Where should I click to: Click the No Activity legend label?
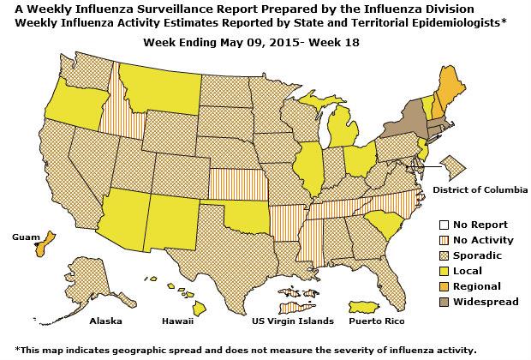tap(481, 240)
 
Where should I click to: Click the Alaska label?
tap(106, 321)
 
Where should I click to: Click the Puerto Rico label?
tap(377, 321)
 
